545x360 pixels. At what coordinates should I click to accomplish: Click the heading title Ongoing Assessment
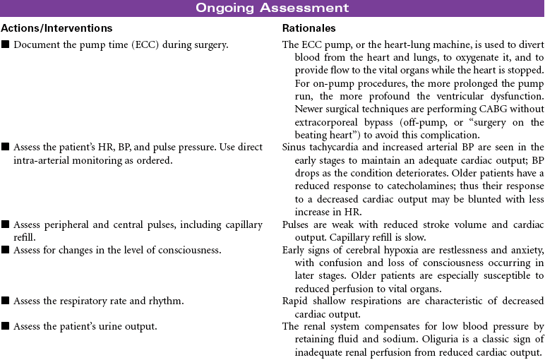pos(272,8)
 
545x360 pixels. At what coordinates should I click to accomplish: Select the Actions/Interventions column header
pos(56,28)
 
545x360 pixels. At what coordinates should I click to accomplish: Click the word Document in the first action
pos(36,44)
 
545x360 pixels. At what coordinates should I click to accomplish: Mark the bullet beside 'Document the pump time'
pos(5,45)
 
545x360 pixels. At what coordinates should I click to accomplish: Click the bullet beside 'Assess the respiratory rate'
pos(5,302)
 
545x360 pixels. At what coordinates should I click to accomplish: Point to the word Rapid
pos(297,301)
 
